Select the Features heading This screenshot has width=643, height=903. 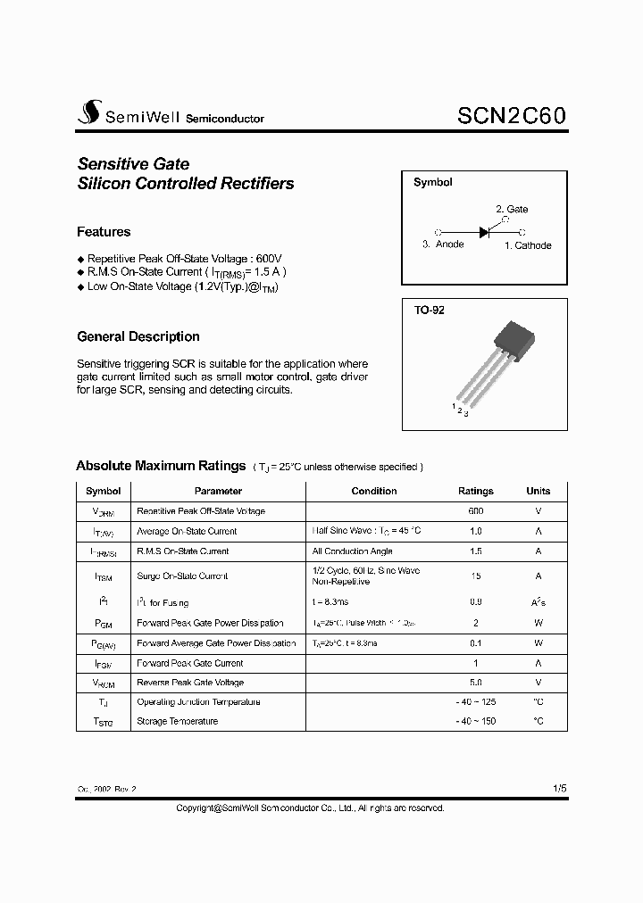coord(104,232)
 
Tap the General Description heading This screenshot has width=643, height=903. coord(138,336)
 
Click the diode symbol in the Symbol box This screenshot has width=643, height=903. coord(485,231)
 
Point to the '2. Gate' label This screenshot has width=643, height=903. coord(512,209)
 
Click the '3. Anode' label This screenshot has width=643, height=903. coord(443,244)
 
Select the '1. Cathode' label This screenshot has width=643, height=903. coord(528,245)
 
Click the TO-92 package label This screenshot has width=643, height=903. coord(429,311)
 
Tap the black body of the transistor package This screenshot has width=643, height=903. coord(515,340)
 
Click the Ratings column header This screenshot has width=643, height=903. coord(475,491)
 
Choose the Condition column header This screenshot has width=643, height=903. coord(374,491)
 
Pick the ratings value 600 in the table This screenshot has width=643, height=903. coord(475,511)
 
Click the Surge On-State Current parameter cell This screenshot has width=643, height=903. coord(182,576)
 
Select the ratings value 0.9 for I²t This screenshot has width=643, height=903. coord(475,603)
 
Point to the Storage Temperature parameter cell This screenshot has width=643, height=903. coord(177,721)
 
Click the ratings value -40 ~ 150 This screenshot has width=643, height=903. coord(475,721)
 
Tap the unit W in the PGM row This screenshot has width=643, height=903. coord(538,623)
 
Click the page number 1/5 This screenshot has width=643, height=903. coord(559,789)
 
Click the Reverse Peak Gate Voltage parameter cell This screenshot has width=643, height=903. coord(190,683)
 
